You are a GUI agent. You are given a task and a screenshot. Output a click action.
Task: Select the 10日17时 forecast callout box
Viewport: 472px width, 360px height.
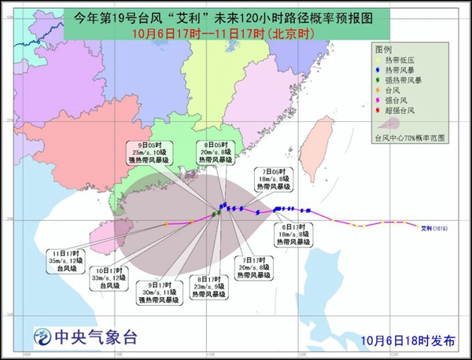[109, 277]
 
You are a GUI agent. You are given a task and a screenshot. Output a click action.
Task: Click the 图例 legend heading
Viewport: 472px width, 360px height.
[385, 49]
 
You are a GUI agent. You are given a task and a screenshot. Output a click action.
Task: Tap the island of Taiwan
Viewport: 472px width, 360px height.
[323, 142]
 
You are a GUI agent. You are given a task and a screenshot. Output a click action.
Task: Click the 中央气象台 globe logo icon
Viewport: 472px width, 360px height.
[39, 339]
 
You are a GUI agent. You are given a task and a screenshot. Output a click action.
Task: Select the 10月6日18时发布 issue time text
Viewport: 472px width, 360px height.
[409, 340]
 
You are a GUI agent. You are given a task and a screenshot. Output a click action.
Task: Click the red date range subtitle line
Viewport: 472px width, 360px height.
[222, 33]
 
